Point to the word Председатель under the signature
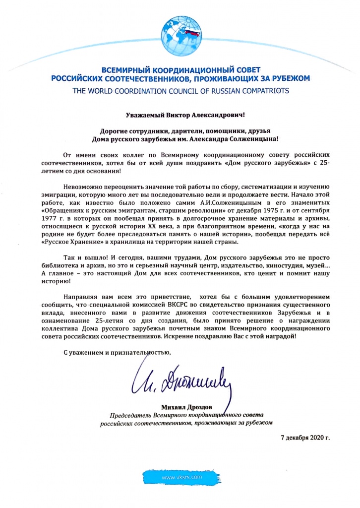pos(130,415)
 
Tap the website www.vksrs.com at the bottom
pos(182,477)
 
